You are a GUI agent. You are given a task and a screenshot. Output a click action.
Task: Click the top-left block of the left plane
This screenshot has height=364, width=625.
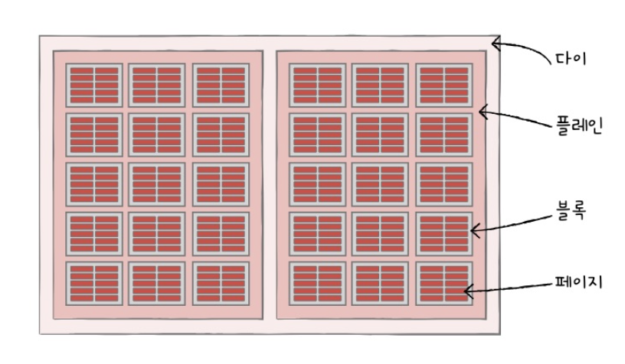[x=94, y=85]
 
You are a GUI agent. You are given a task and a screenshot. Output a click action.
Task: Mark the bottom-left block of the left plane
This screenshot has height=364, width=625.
[x=94, y=284]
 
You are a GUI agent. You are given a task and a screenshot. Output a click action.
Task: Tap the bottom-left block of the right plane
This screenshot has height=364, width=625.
[x=318, y=284]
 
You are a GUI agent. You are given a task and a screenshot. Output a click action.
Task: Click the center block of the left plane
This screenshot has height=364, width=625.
[x=158, y=184]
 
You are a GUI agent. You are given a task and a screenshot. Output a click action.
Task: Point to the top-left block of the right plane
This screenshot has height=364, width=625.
[x=318, y=85]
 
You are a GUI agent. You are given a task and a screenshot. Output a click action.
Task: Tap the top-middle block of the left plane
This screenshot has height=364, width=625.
[x=158, y=85]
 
